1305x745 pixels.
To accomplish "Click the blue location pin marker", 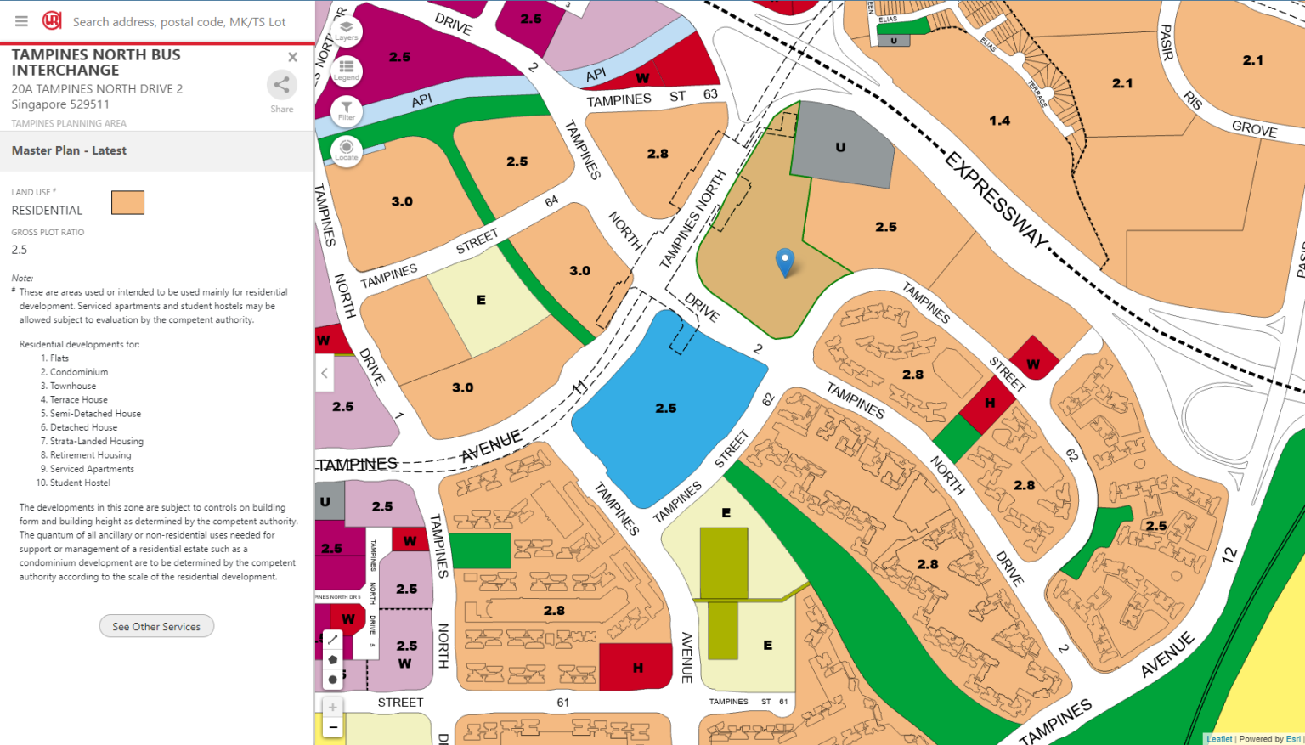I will point(785,262).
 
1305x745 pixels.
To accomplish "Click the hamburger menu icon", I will point(21,21).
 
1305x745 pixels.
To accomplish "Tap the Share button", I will point(281,86).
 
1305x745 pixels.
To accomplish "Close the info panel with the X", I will point(292,57).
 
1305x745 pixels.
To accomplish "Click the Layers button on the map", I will point(347,31).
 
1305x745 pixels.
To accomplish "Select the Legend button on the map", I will point(347,70).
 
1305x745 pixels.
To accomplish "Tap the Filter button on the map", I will point(347,110).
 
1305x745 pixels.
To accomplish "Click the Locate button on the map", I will point(347,150).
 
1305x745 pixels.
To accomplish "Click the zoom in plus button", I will point(333,707).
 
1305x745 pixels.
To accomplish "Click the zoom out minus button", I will point(333,727).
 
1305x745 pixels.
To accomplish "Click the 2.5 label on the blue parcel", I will point(666,408).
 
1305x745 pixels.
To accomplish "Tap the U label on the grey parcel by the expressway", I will point(840,147).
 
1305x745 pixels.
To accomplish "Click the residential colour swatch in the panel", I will point(127,202).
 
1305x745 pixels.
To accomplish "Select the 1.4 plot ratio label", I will point(999,121).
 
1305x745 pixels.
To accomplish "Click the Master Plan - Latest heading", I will point(69,150).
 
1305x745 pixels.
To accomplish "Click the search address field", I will point(178,22).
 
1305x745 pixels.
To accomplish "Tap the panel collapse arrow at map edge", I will point(324,373).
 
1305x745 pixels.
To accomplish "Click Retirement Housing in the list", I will point(90,455).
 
